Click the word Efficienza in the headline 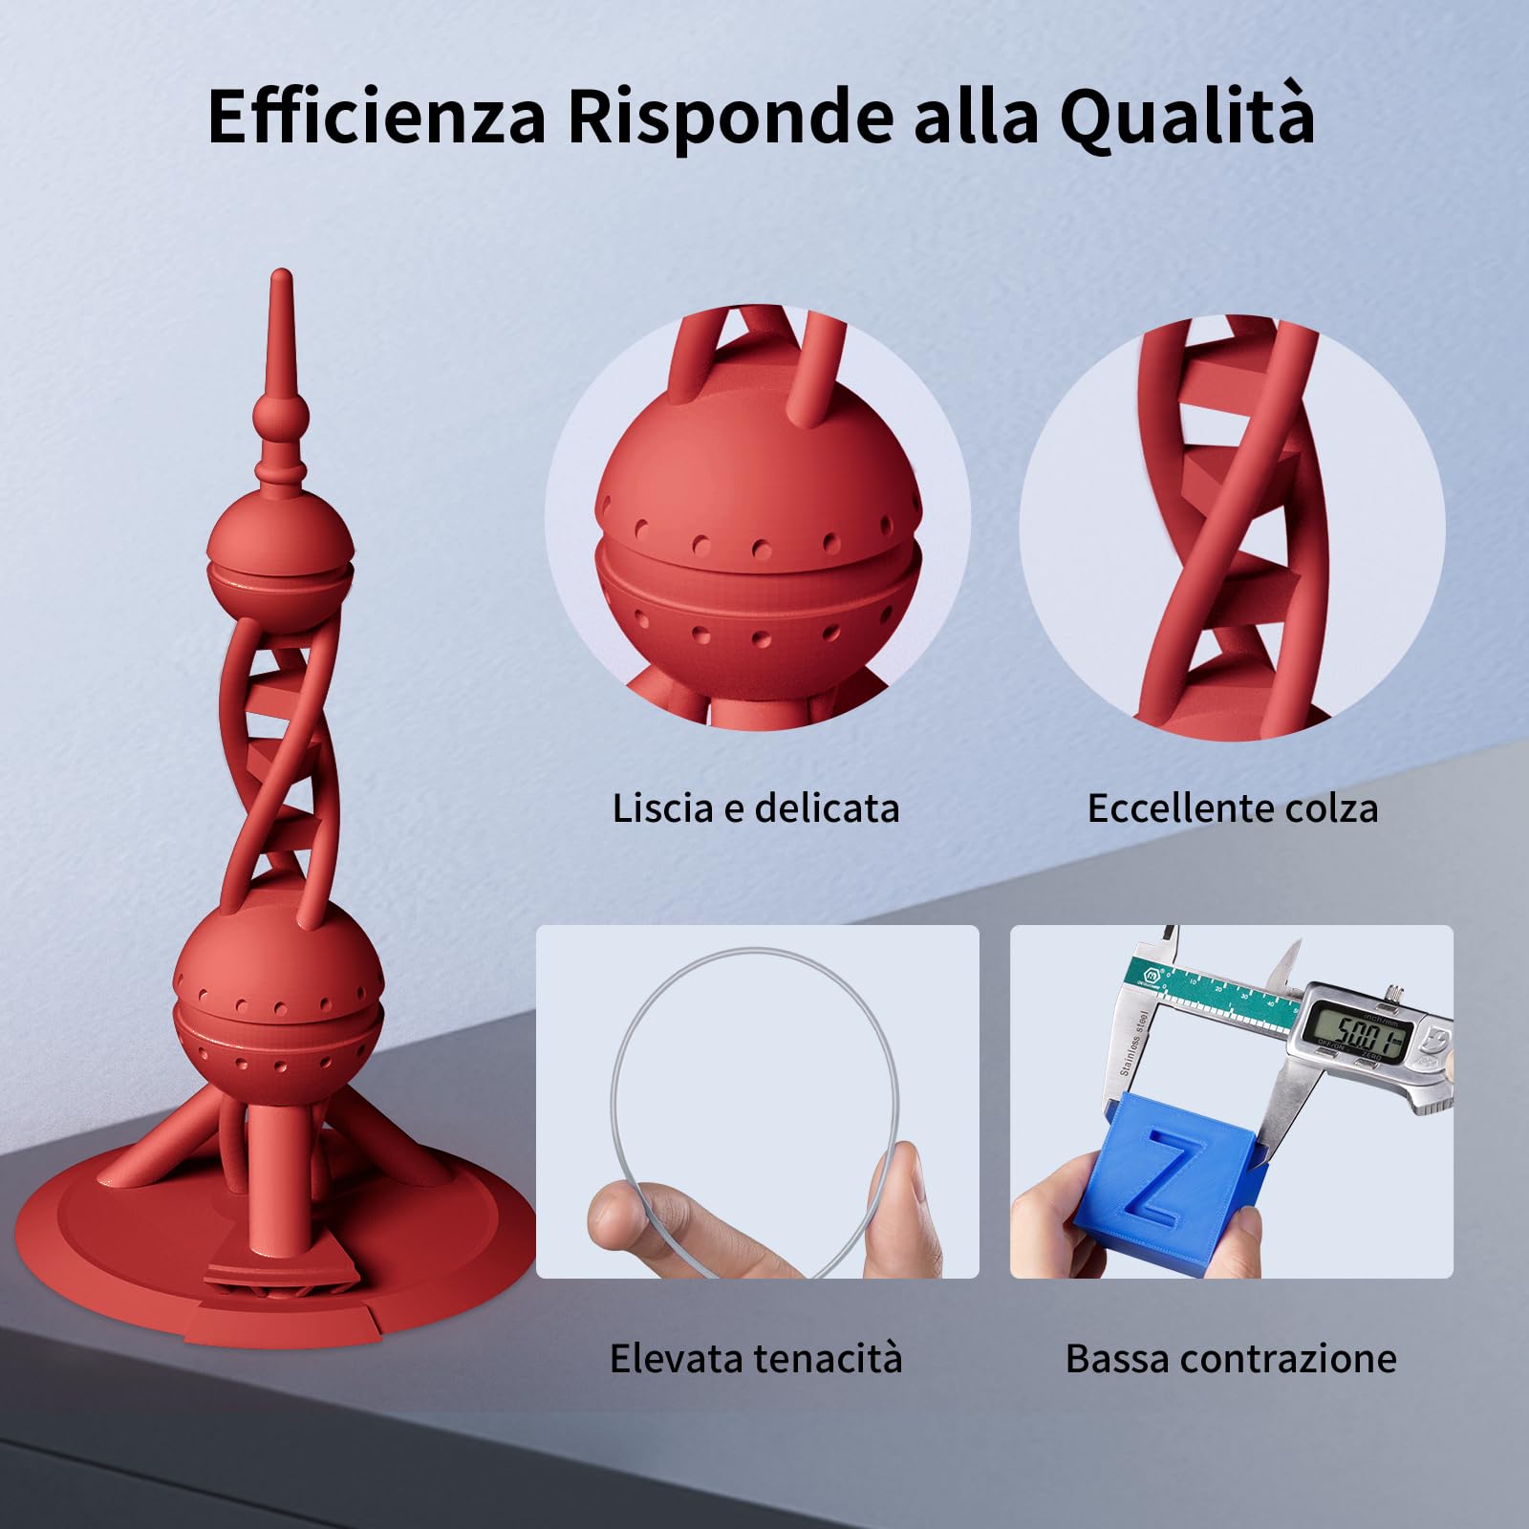(x=377, y=117)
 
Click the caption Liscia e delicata (x=755, y=808)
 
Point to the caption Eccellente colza (x=1232, y=808)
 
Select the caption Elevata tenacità (x=755, y=1358)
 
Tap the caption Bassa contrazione (x=1231, y=1358)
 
